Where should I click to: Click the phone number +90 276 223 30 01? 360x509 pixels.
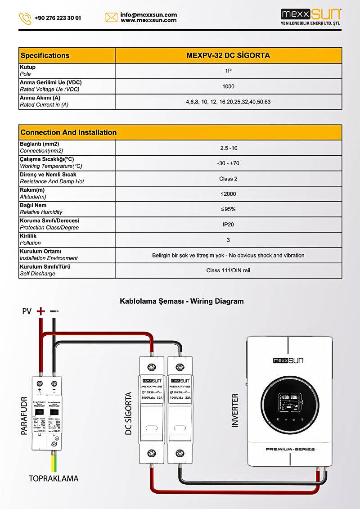click(x=58, y=18)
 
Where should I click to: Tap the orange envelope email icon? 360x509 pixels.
click(x=111, y=18)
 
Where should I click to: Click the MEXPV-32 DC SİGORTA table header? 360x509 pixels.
click(x=228, y=56)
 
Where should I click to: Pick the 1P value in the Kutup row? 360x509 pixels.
click(x=228, y=71)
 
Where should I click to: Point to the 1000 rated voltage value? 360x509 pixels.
click(x=228, y=86)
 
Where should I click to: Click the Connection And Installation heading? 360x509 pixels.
click(x=68, y=132)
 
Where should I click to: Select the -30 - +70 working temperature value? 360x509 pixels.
click(x=228, y=163)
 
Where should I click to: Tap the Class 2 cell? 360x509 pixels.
click(x=228, y=179)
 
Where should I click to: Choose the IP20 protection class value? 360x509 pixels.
click(x=228, y=225)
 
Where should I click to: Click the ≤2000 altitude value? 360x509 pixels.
click(x=228, y=194)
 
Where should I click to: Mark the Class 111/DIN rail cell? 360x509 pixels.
click(x=228, y=270)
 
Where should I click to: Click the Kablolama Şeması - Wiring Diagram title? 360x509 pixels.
click(x=181, y=301)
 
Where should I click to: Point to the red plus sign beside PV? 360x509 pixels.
click(x=41, y=311)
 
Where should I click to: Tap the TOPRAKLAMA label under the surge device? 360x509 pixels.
click(x=54, y=478)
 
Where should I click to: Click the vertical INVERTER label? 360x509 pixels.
click(x=235, y=410)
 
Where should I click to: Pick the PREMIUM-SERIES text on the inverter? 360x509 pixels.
click(x=290, y=449)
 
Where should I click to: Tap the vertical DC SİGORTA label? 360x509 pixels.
click(x=129, y=413)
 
